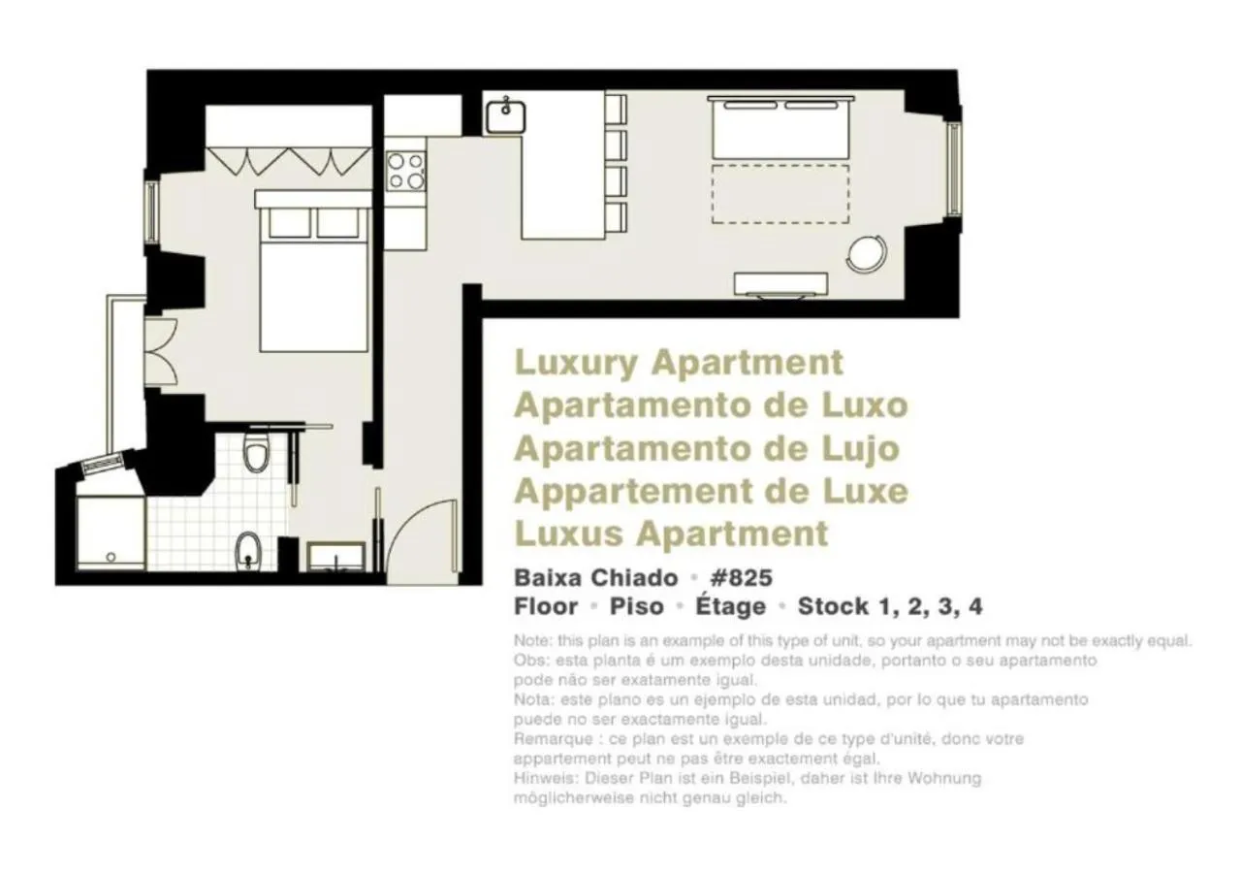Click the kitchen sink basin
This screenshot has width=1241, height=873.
coord(505,115)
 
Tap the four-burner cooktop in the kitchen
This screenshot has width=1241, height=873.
coord(406,171)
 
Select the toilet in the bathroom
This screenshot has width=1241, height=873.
coord(256,452)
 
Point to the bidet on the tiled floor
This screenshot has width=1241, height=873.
coord(248,551)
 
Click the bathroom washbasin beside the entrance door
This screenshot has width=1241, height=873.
coord(335,558)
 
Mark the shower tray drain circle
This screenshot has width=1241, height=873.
coord(111,557)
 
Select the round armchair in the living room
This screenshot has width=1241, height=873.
coord(866,254)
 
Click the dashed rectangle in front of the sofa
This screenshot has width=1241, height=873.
coord(780,194)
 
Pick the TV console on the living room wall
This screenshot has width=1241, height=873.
coord(780,283)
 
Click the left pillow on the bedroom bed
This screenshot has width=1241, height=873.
coord(288,223)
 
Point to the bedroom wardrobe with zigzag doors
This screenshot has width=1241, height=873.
coord(289,158)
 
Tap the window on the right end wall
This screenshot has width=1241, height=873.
coord(953,170)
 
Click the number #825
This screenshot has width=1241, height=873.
coord(741,578)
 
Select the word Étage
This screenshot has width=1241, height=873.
coord(730,607)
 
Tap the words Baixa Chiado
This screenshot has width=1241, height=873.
coord(595,578)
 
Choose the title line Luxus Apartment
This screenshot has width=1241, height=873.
coord(671,533)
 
